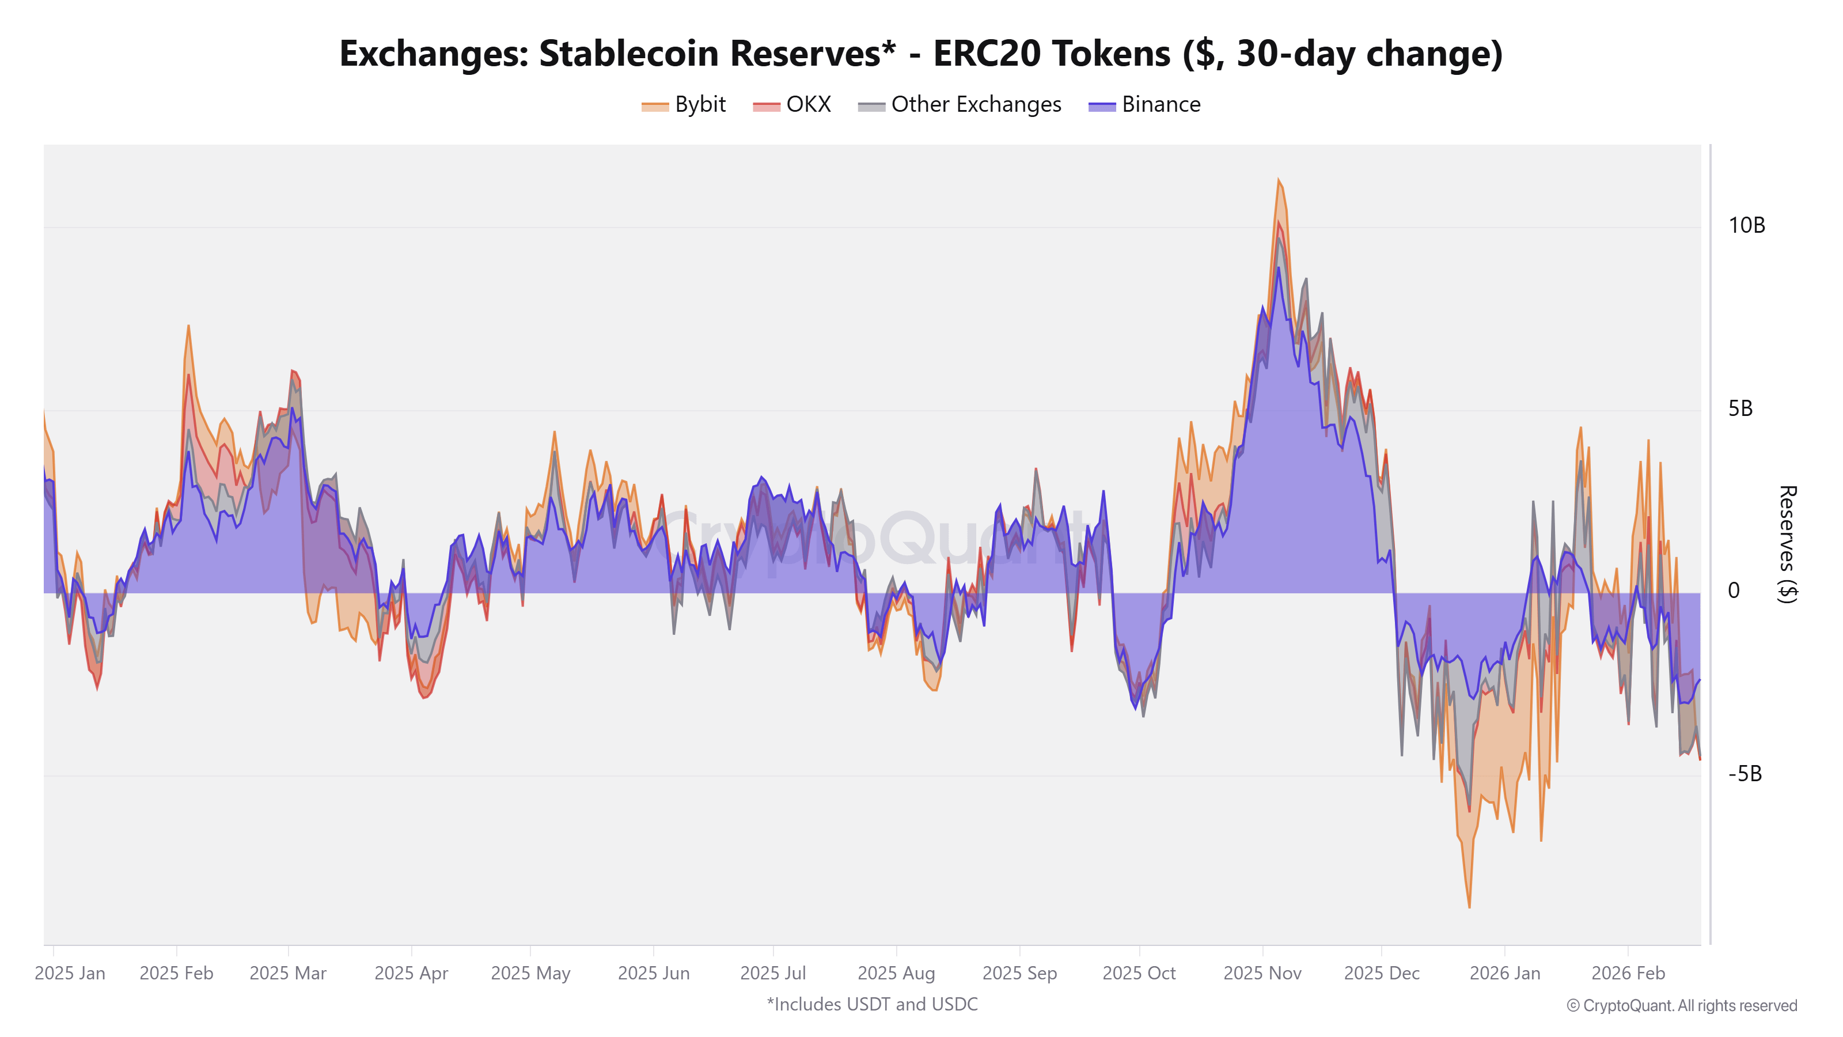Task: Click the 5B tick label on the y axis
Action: pyautogui.click(x=1740, y=408)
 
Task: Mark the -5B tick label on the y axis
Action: pyautogui.click(x=1745, y=774)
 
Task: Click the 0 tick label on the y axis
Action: pyautogui.click(x=1734, y=591)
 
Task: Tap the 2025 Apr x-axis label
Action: pyautogui.click(x=411, y=973)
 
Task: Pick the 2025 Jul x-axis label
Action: pyautogui.click(x=773, y=973)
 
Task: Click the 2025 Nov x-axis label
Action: pyautogui.click(x=1262, y=973)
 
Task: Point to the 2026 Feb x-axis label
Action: pyautogui.click(x=1628, y=973)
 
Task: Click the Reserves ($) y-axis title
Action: pyautogui.click(x=1787, y=544)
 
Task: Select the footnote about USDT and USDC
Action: pyautogui.click(x=872, y=1004)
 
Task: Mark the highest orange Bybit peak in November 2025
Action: pyautogui.click(x=1279, y=180)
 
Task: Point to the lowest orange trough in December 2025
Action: pyautogui.click(x=1470, y=907)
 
